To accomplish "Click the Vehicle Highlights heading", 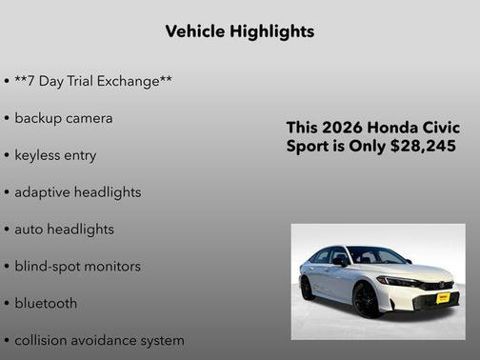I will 239,31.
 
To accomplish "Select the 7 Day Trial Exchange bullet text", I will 92,81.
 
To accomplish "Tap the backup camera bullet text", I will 63,118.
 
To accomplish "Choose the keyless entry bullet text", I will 55,155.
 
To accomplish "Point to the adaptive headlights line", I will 77,192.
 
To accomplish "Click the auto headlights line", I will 64,230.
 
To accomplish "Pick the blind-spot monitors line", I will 77,267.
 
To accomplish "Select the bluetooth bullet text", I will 46,304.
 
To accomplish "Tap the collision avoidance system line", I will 99,340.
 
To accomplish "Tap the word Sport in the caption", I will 310,147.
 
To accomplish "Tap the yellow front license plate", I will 443,298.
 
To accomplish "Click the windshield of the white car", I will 374,256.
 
